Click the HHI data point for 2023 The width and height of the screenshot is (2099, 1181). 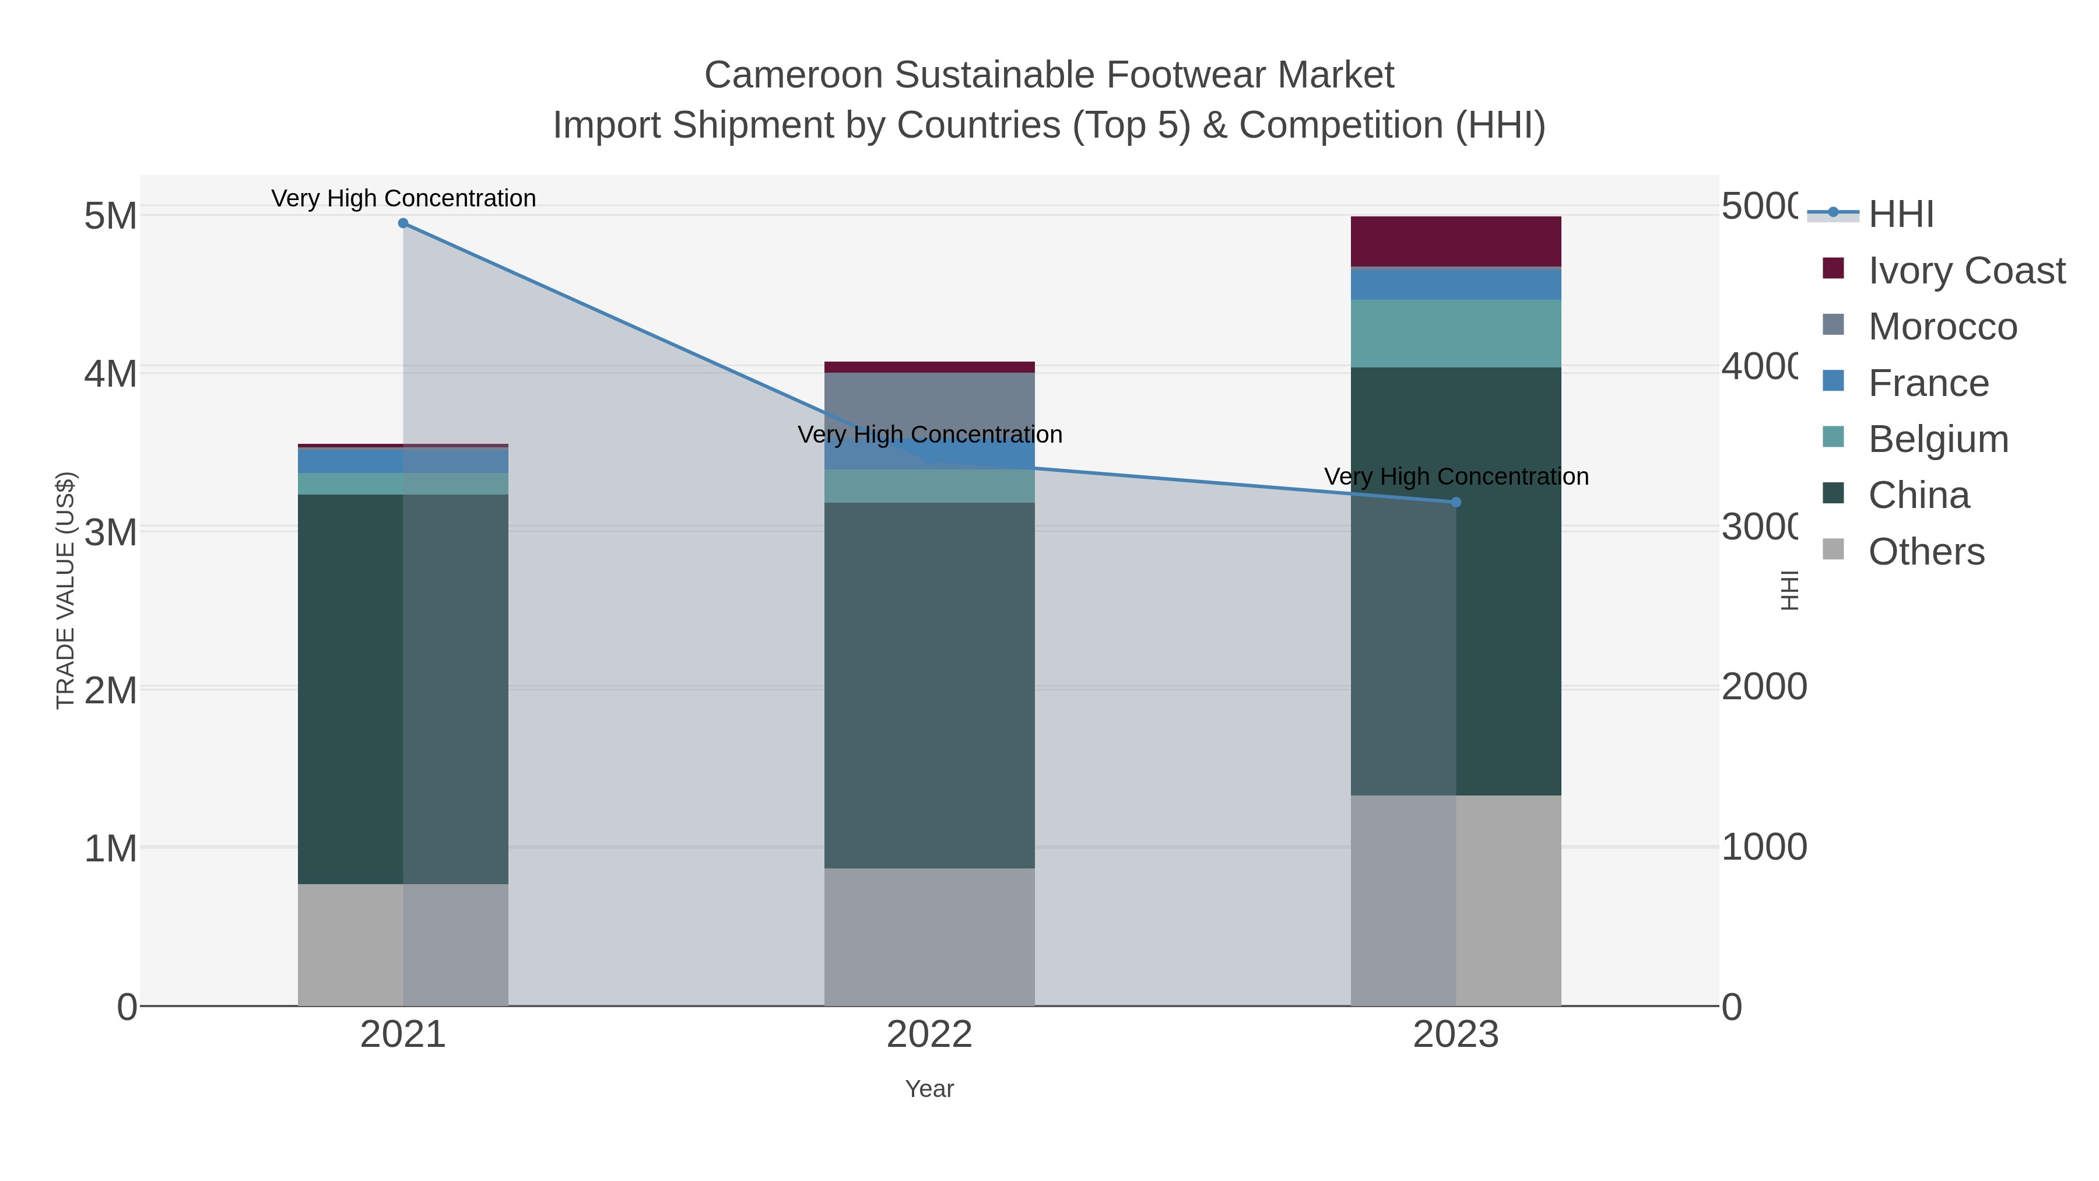(x=1456, y=502)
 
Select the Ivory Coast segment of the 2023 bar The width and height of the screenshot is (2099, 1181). (x=1456, y=241)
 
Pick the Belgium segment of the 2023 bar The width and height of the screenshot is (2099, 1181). (x=1456, y=334)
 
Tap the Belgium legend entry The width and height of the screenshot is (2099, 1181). (x=1937, y=439)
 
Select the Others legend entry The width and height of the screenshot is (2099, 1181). (x=1925, y=552)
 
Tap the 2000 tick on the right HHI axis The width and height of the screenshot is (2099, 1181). (x=1763, y=687)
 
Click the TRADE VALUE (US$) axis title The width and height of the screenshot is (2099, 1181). (x=65, y=590)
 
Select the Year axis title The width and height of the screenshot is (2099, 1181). (x=929, y=1089)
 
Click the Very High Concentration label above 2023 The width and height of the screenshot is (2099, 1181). (x=1456, y=477)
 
